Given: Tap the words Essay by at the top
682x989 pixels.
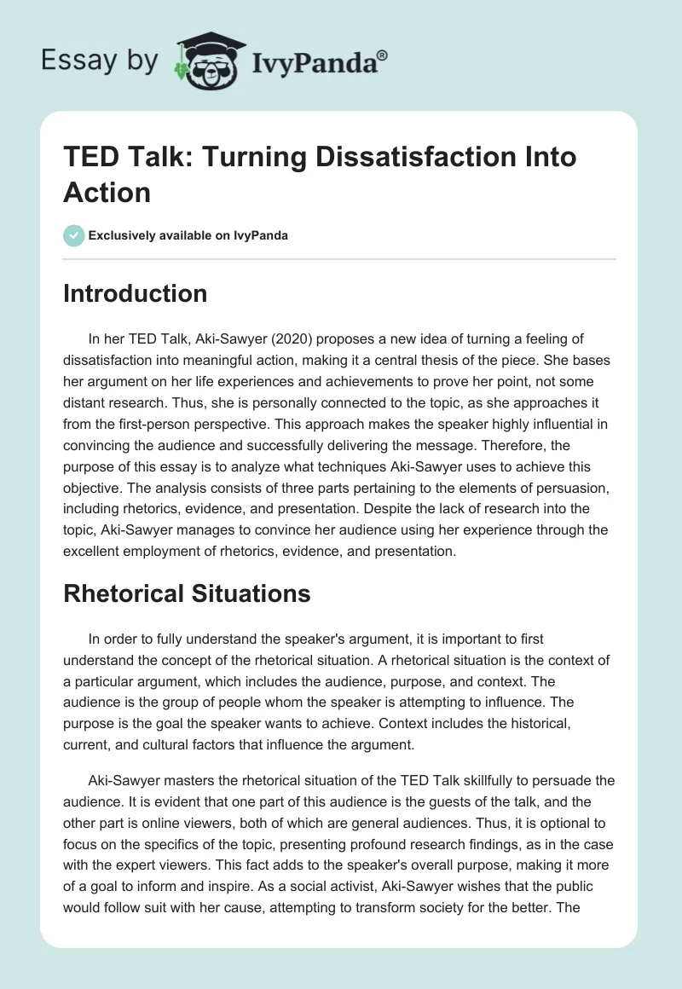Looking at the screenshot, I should [101, 60].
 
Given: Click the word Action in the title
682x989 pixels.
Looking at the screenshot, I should [107, 192].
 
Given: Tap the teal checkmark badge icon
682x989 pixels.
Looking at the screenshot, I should [74, 235].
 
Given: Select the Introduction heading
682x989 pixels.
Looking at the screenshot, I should [136, 293].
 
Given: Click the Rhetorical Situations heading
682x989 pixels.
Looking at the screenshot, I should [187, 593].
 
